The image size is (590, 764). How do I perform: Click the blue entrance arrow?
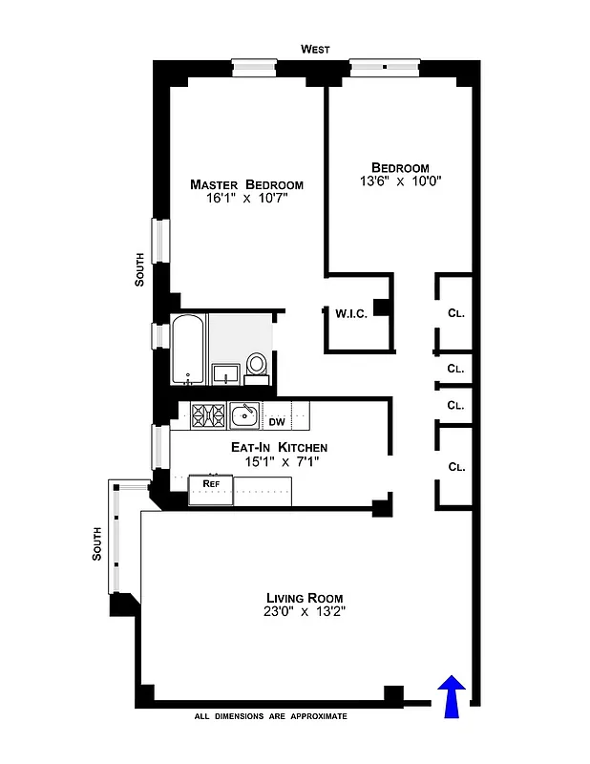pyautogui.click(x=453, y=695)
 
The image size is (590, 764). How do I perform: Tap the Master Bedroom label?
pyautogui.click(x=246, y=184)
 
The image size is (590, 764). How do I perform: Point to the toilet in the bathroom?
pyautogui.click(x=256, y=366)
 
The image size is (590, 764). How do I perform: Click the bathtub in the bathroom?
pyautogui.click(x=188, y=350)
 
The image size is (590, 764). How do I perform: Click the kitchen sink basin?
pyautogui.click(x=244, y=415)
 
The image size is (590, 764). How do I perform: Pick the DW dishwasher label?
pyautogui.click(x=276, y=421)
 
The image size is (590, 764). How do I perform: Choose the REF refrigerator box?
pyautogui.click(x=211, y=484)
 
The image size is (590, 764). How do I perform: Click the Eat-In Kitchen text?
pyautogui.click(x=279, y=447)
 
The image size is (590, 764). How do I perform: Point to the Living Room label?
pyautogui.click(x=305, y=598)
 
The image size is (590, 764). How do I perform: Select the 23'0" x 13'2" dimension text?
pyautogui.click(x=305, y=614)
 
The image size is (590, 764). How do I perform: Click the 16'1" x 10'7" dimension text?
pyautogui.click(x=245, y=200)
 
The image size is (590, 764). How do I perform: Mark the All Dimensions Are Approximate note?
pyautogui.click(x=270, y=716)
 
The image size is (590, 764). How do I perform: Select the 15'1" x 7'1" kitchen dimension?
pyautogui.click(x=279, y=462)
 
